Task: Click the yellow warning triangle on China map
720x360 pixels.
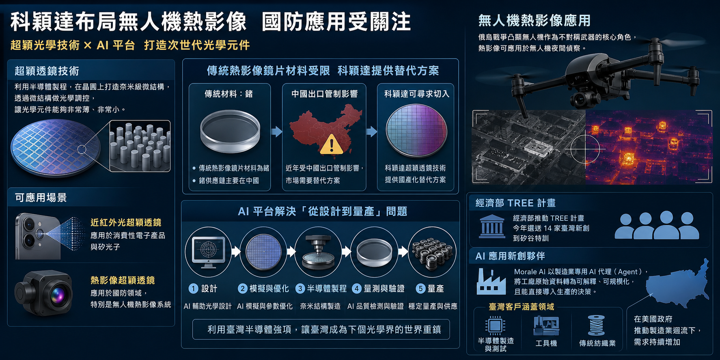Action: pyautogui.click(x=332, y=144)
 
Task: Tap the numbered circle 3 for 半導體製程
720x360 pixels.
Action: pyautogui.click(x=300, y=289)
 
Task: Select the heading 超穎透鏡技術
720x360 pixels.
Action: pyautogui.click(x=47, y=71)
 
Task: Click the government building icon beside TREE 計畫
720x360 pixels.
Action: pyautogui.click(x=491, y=226)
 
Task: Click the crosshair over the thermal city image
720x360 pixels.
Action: pyautogui.click(x=585, y=149)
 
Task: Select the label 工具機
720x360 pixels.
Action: pyautogui.click(x=546, y=343)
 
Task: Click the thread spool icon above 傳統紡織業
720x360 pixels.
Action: pyautogui.click(x=596, y=326)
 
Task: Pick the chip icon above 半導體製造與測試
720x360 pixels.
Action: pyautogui.click(x=495, y=326)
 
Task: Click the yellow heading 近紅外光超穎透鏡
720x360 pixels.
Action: pyautogui.click(x=126, y=222)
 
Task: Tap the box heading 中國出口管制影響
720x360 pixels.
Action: pyautogui.click(x=324, y=94)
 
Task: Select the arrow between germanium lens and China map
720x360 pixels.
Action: pyautogui.click(x=276, y=131)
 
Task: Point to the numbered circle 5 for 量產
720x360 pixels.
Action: pyautogui.click(x=420, y=289)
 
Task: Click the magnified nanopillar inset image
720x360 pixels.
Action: pyautogui.click(x=140, y=146)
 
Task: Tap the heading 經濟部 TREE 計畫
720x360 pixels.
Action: pyautogui.click(x=515, y=203)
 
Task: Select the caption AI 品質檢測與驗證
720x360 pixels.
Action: pyautogui.click(x=375, y=306)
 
